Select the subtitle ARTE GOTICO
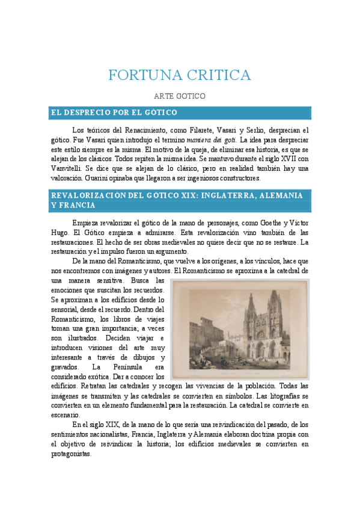click(x=180, y=96)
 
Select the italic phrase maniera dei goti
click(x=210, y=140)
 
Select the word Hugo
click(x=61, y=232)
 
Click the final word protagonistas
click(x=71, y=454)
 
